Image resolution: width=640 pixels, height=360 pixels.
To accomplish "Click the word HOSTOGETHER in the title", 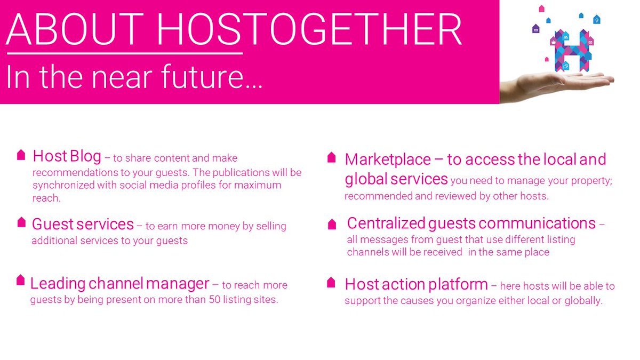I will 309,30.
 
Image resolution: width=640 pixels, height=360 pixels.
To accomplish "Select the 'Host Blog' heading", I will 67,156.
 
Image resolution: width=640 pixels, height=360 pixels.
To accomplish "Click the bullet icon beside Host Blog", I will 21,155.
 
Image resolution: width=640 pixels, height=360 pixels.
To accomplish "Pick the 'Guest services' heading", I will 83,224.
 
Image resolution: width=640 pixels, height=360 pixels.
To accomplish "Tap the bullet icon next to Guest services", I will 21,222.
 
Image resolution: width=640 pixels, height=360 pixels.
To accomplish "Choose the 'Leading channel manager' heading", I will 119,283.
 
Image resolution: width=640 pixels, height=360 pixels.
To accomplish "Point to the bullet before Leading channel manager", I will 21,280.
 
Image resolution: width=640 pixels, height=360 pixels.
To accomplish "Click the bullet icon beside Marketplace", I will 331,157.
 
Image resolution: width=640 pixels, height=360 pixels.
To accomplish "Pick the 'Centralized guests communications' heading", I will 471,223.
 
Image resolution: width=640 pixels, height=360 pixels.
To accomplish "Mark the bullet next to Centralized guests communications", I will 332,223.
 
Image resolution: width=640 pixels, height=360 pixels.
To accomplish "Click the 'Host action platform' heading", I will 416,284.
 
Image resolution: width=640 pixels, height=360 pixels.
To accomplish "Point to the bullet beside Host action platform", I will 331,282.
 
